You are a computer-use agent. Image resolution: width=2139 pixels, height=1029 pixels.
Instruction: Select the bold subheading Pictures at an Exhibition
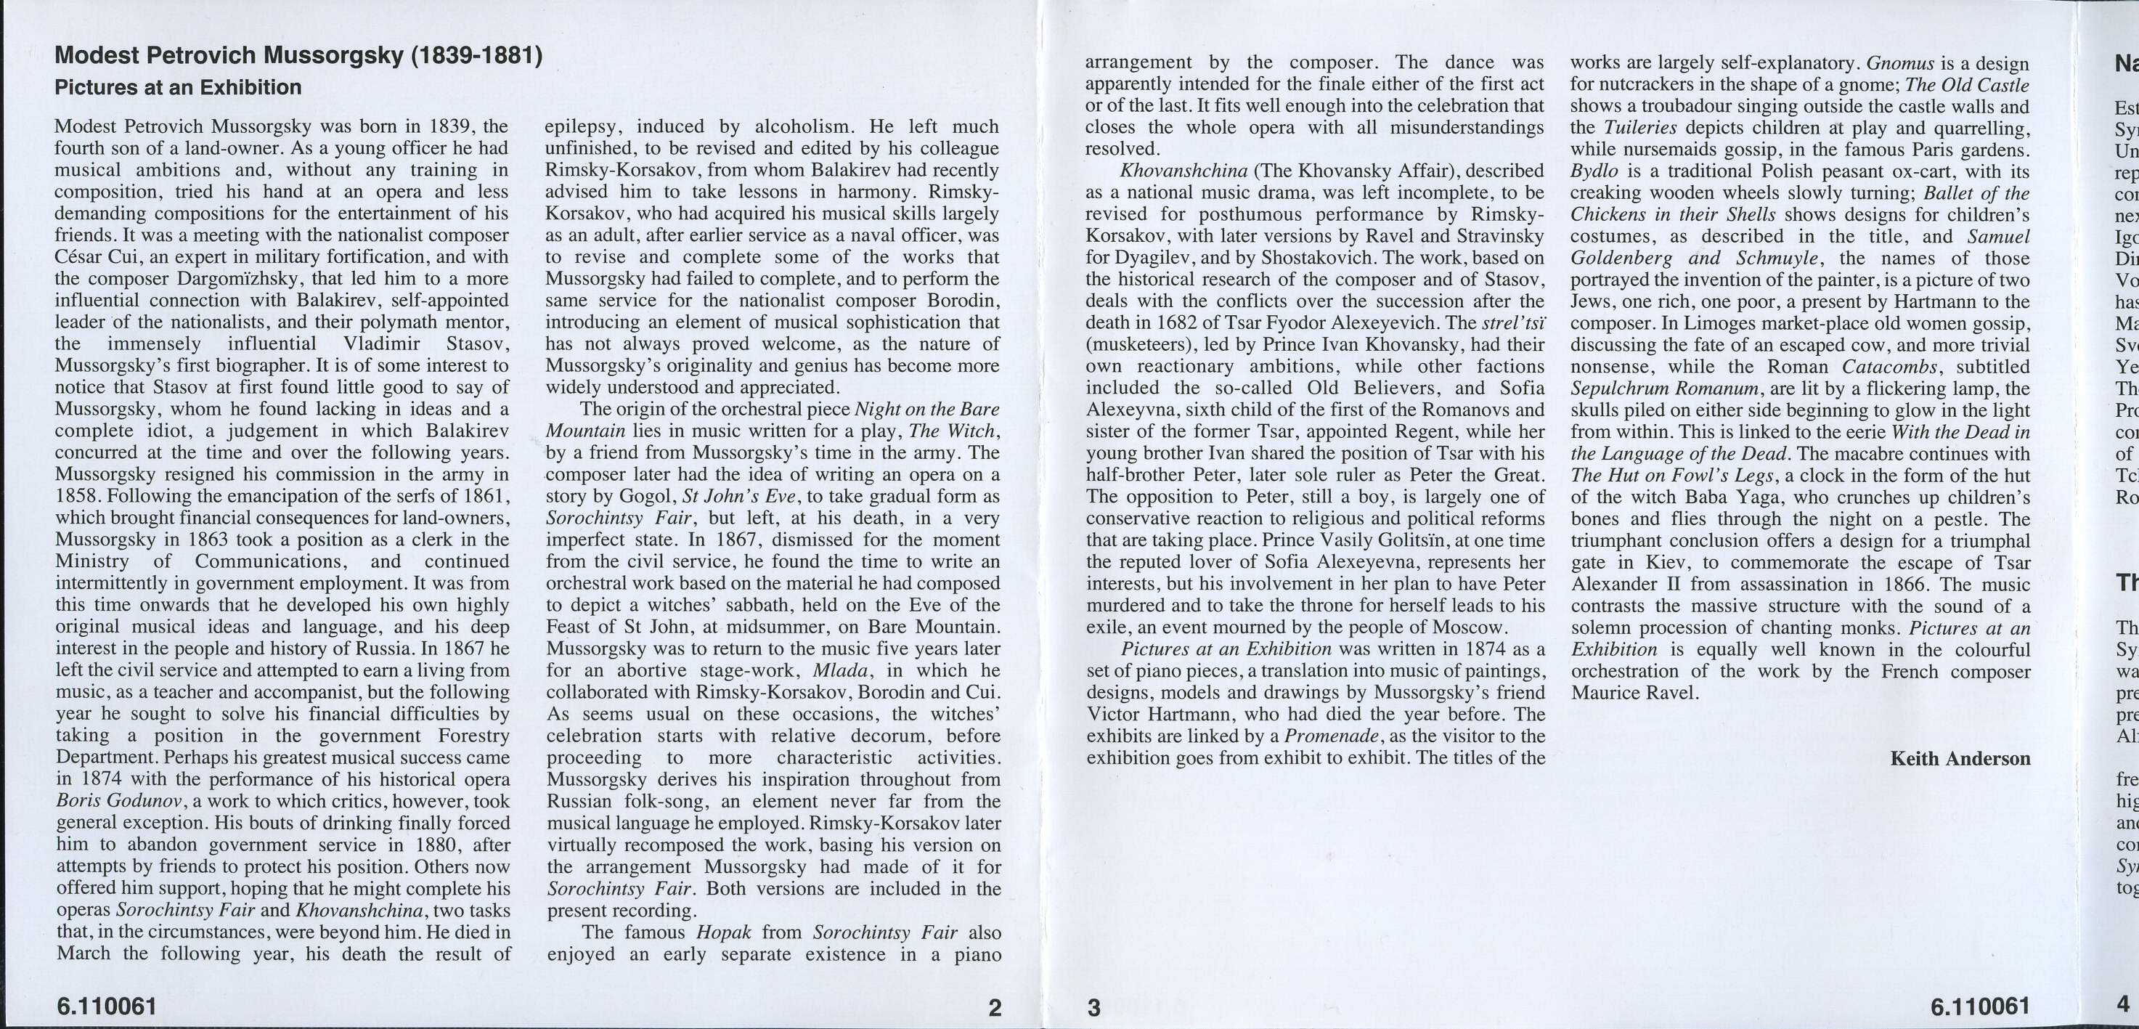[x=178, y=87]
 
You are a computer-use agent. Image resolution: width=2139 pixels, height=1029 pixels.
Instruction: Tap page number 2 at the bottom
[x=995, y=1007]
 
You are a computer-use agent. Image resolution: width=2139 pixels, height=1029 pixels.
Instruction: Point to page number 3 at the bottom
[x=1094, y=1007]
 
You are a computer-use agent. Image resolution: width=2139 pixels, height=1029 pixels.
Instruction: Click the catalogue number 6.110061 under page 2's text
[x=105, y=1006]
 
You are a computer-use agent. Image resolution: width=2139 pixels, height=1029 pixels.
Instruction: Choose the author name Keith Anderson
[x=1960, y=758]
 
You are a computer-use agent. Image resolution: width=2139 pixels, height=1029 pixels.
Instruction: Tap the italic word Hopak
[x=722, y=932]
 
